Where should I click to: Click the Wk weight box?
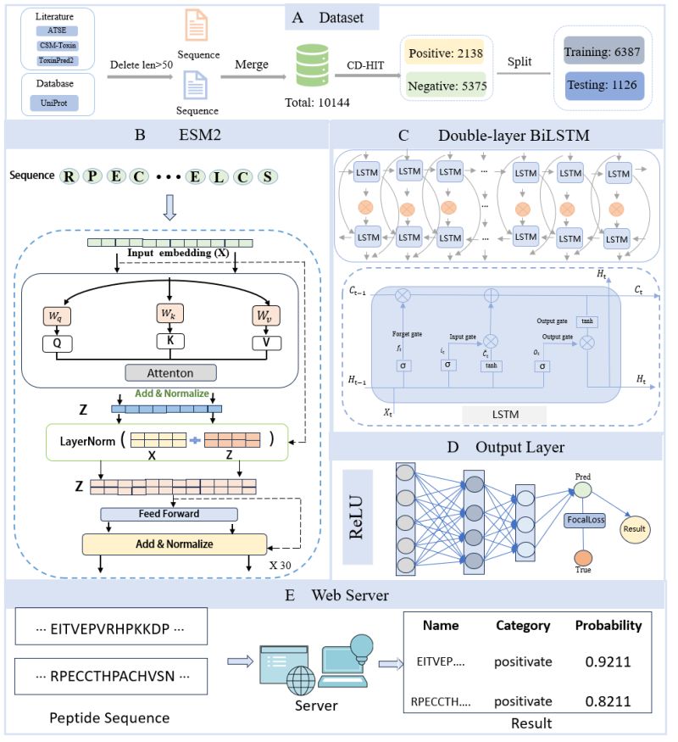click(167, 314)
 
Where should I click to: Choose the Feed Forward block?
click(168, 514)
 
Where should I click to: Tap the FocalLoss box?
click(586, 520)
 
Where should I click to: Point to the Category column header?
click(523, 626)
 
